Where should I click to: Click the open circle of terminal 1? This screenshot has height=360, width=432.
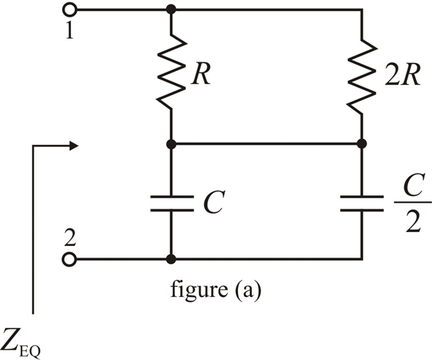point(69,10)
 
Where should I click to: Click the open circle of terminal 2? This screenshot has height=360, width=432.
point(69,259)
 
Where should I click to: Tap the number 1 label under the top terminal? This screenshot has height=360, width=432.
point(70,30)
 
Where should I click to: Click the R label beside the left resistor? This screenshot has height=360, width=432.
point(201,75)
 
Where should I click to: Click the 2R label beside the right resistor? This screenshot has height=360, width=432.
point(402,75)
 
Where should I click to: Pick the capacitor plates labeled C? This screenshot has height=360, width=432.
point(172,203)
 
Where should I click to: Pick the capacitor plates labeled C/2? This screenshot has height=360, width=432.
point(362,203)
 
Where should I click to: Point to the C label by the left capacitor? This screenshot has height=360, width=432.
point(214,202)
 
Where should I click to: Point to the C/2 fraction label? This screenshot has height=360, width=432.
point(413,203)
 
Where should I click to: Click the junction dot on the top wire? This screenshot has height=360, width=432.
point(171,10)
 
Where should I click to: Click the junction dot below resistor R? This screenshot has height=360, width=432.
point(171,143)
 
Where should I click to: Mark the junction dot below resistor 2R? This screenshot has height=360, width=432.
point(362,143)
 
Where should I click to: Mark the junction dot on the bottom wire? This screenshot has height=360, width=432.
point(171,259)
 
